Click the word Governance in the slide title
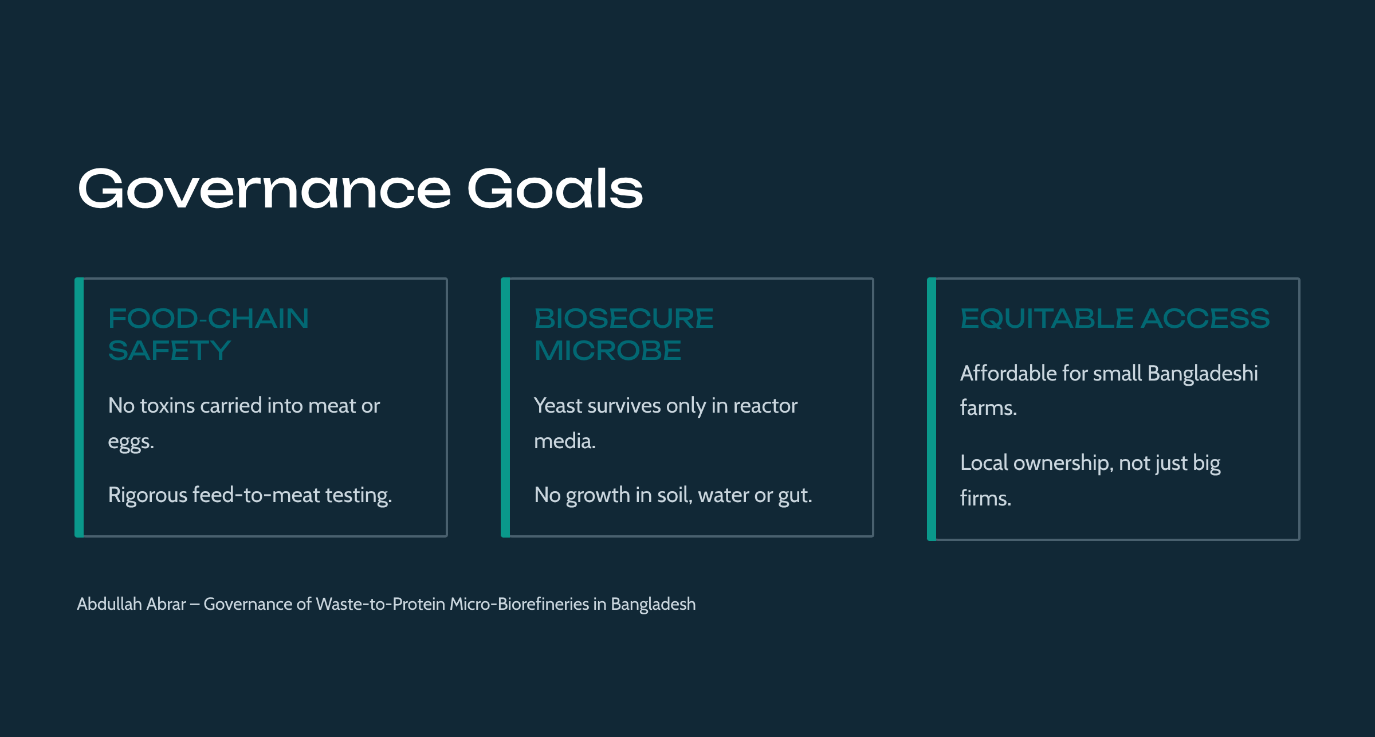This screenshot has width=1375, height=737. (265, 189)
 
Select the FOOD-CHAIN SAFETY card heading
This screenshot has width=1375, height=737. (209, 335)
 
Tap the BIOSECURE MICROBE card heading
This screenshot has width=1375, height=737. (624, 335)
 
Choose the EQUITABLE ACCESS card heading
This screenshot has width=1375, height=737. (1115, 319)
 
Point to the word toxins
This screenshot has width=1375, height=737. (167, 406)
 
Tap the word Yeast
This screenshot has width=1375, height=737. (558, 406)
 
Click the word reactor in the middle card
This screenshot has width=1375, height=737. (765, 406)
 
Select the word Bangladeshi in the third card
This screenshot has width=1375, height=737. (1203, 373)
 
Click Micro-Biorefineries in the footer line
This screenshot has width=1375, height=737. (519, 604)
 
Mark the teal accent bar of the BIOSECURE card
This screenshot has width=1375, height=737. (505, 407)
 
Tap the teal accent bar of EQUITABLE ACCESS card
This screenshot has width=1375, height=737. (932, 409)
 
